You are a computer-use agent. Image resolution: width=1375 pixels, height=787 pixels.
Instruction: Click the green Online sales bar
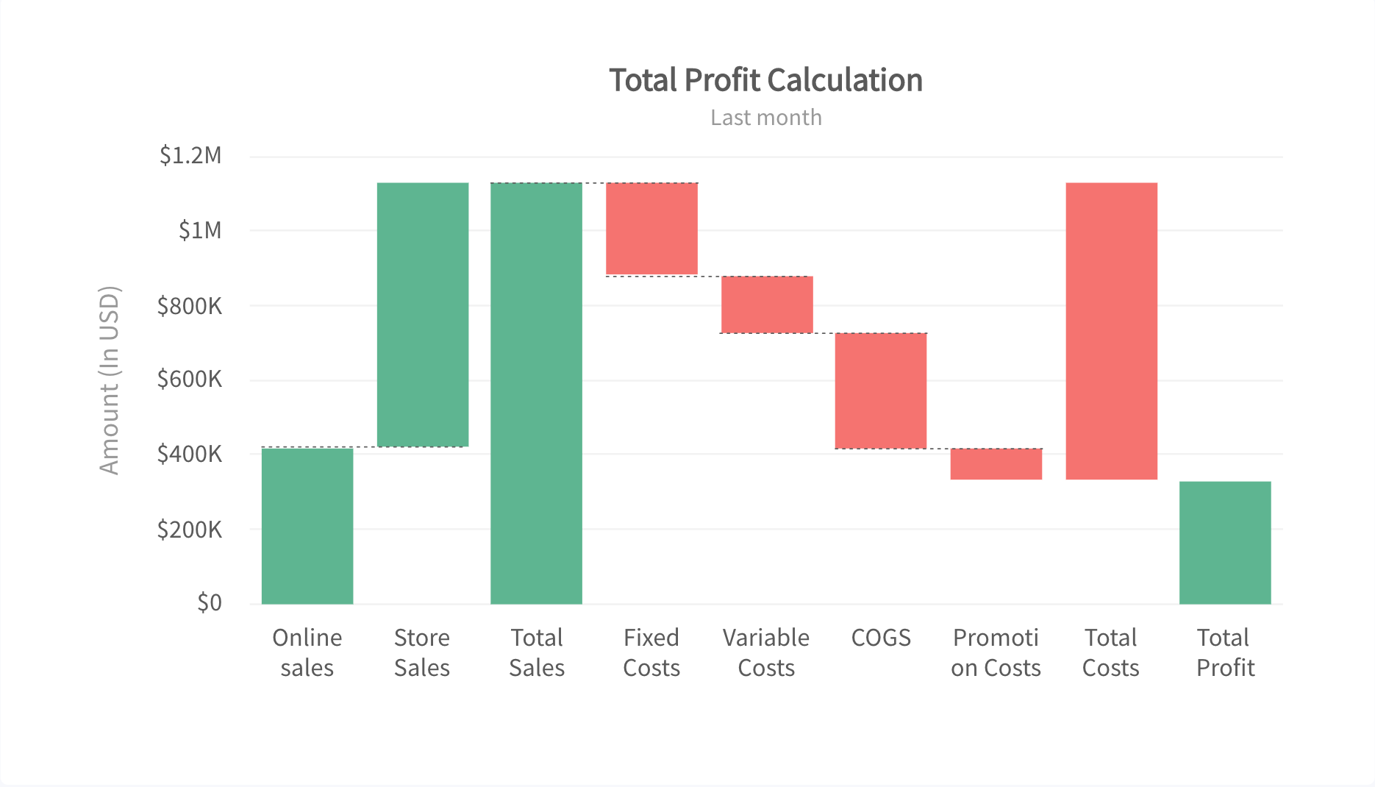pos(307,526)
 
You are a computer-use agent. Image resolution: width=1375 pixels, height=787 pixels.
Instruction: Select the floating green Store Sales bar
pos(423,315)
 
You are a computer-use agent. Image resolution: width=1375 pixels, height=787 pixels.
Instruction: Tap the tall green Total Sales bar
pos(536,393)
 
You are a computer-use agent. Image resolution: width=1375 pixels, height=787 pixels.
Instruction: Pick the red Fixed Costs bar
pos(651,229)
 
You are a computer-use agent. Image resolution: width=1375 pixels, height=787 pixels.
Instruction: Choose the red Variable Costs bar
pos(767,305)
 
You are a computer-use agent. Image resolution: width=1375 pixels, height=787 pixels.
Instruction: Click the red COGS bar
pos(881,391)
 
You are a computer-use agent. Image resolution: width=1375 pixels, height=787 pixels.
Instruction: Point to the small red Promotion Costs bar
pos(996,464)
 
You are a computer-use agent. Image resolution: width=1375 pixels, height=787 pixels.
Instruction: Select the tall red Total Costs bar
pos(1111,331)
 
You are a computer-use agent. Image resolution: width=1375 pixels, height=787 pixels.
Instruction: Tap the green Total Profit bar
pos(1225,543)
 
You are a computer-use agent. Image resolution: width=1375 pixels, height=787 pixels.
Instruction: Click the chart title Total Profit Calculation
pos(765,80)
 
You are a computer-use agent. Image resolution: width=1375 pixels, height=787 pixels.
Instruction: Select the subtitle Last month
pos(765,118)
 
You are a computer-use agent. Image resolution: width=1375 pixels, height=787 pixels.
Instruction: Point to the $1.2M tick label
pos(190,155)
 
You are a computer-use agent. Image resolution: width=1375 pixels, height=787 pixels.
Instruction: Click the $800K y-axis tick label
pos(189,306)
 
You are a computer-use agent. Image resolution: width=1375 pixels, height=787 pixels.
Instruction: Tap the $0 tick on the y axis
pos(209,603)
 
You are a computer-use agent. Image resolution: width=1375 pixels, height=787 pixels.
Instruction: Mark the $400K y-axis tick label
pos(189,454)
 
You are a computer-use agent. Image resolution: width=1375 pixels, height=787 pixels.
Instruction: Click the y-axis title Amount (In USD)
pos(109,380)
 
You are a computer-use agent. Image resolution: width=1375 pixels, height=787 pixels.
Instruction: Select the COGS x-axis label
pos(881,638)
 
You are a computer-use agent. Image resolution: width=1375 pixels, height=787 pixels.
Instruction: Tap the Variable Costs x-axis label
pos(766,652)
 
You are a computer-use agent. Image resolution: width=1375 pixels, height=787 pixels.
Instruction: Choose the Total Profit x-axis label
pos(1225,652)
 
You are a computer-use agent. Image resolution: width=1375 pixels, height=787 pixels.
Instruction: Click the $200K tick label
pos(189,530)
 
